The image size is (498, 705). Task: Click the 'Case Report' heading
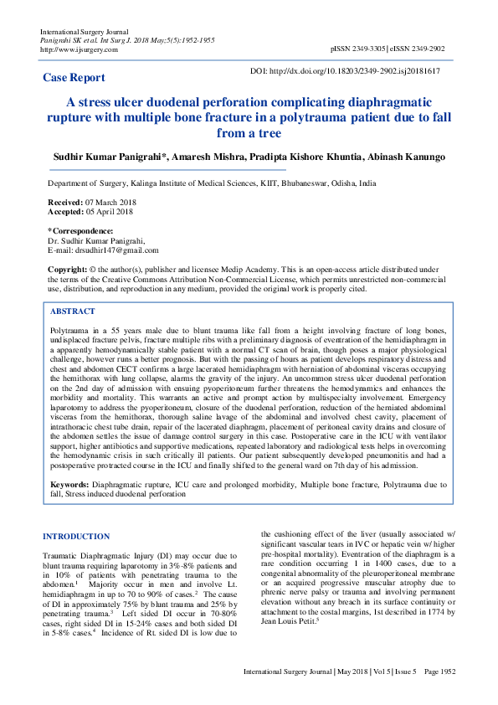click(x=74, y=78)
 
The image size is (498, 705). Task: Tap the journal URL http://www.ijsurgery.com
click(x=79, y=49)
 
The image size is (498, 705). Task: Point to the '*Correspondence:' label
click(x=80, y=230)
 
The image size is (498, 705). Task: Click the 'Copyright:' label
click(x=66, y=268)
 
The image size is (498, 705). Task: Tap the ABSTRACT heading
click(x=74, y=311)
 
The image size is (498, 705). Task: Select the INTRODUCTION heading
click(x=75, y=537)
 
